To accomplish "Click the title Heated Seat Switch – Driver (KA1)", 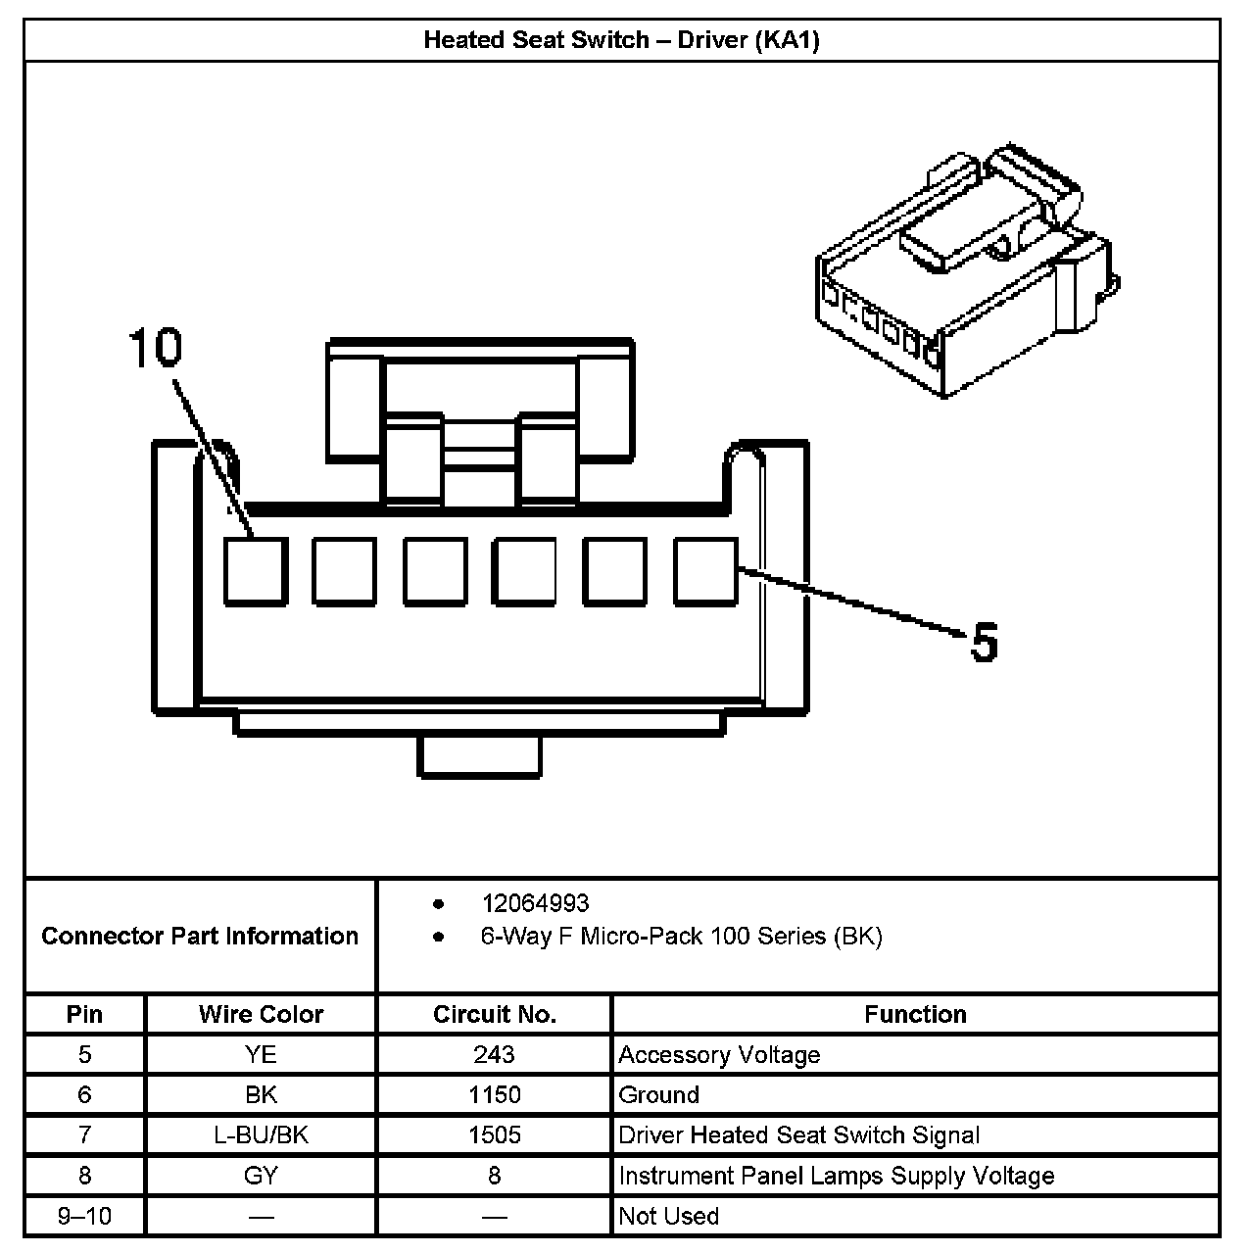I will pos(621,40).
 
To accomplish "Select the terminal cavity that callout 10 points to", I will pos(256,571).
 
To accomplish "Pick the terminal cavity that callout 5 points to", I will pos(705,571).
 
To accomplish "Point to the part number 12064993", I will pos(535,903).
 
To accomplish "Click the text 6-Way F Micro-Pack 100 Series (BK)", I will pos(681,937).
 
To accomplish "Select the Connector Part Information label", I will pos(200,937).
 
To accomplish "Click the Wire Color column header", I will pos(261,1015).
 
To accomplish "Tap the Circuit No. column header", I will pos(494,1015).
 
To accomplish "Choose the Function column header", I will pos(915,1015).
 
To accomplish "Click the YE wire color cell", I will pos(261,1055).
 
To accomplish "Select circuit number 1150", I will pos(494,1095).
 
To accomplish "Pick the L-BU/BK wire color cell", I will pos(261,1135).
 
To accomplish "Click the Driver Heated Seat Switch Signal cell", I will pos(798,1135).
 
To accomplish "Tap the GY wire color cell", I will pos(261,1176).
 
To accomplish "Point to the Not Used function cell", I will pos(669,1217).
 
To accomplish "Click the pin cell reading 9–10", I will pos(84,1217).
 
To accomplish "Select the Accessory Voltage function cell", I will pos(719,1055).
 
